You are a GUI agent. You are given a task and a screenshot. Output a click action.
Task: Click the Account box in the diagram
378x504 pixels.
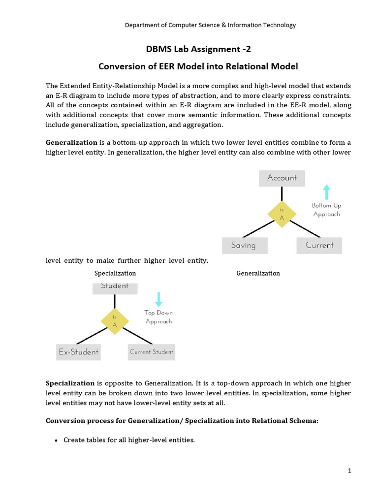[x=282, y=178]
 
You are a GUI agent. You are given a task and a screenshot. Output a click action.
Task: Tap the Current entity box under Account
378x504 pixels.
[x=319, y=245]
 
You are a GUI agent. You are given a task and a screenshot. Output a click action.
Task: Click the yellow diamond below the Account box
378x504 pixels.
[x=282, y=214]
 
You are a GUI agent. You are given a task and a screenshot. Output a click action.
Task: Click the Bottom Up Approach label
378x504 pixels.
[x=326, y=210]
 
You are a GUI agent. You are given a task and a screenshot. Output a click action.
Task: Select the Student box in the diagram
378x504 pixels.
[x=114, y=287]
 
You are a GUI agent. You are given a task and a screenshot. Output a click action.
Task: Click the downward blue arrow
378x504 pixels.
[x=158, y=299]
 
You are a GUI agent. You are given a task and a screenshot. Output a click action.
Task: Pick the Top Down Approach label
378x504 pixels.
[x=158, y=317]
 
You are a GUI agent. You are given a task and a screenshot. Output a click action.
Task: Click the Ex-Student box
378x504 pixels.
[x=78, y=352]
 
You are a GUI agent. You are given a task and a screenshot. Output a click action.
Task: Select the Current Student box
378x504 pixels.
[x=152, y=352]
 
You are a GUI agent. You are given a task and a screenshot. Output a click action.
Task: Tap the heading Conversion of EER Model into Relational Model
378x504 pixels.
[x=198, y=66]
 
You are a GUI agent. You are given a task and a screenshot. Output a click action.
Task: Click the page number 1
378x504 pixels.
[x=349, y=471]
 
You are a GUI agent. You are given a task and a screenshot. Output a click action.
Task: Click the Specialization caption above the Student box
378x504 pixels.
[x=115, y=273]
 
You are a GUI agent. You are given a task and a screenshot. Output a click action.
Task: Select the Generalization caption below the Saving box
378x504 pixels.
[x=258, y=273]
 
